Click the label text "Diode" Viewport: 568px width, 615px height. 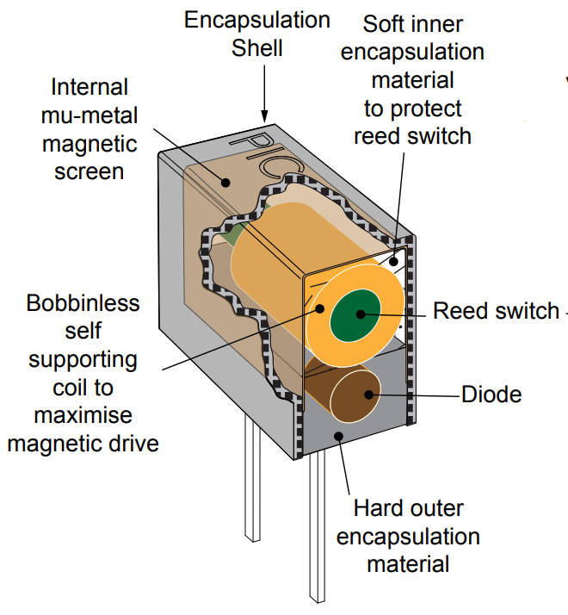click(x=491, y=394)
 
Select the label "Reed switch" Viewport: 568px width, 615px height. click(x=496, y=310)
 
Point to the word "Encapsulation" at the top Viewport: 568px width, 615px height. click(x=257, y=19)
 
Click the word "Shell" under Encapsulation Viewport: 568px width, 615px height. click(x=257, y=47)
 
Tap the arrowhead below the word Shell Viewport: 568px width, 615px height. click(x=264, y=114)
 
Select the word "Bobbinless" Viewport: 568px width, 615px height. click(x=83, y=303)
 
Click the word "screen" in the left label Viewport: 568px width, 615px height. click(x=90, y=171)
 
